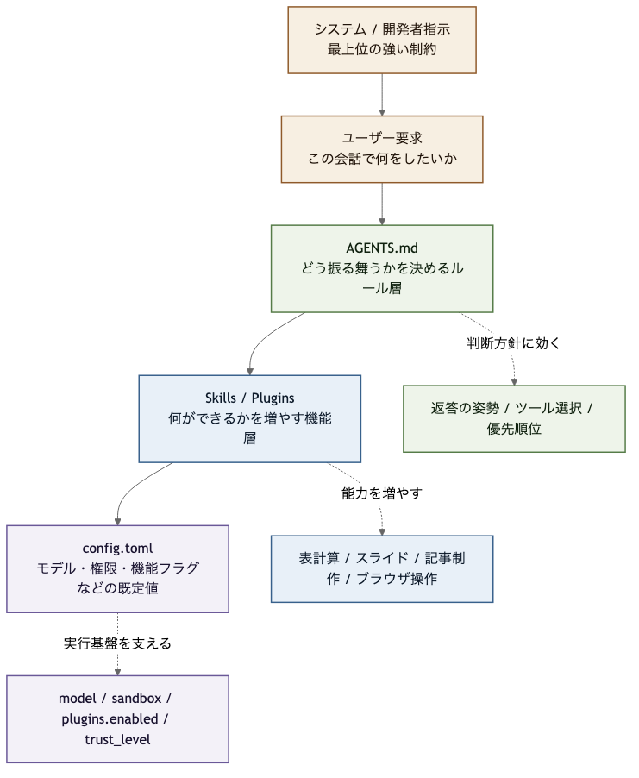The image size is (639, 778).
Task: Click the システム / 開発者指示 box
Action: coord(382,40)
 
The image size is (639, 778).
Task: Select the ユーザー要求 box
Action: coord(382,149)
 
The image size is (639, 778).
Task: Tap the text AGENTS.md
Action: coord(382,248)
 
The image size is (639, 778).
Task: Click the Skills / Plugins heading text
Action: coord(250,398)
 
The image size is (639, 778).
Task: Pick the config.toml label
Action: coord(117,548)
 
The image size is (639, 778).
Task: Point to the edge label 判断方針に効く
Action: coord(513,343)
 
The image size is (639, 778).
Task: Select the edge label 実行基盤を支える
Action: coord(117,643)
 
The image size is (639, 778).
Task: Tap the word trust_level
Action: coord(117,739)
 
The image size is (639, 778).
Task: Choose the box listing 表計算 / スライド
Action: coord(382,568)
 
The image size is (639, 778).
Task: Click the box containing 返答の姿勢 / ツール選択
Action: coord(514,418)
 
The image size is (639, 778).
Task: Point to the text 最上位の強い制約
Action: coord(382,50)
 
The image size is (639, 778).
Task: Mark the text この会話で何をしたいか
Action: coord(382,160)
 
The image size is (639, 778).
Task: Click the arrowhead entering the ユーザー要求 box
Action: coord(382,111)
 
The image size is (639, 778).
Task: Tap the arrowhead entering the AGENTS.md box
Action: coord(382,221)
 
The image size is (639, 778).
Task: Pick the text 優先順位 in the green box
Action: coord(514,429)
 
